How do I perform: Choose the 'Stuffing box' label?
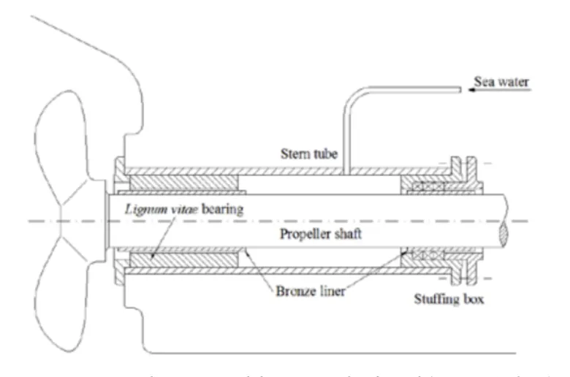[x=446, y=299]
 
